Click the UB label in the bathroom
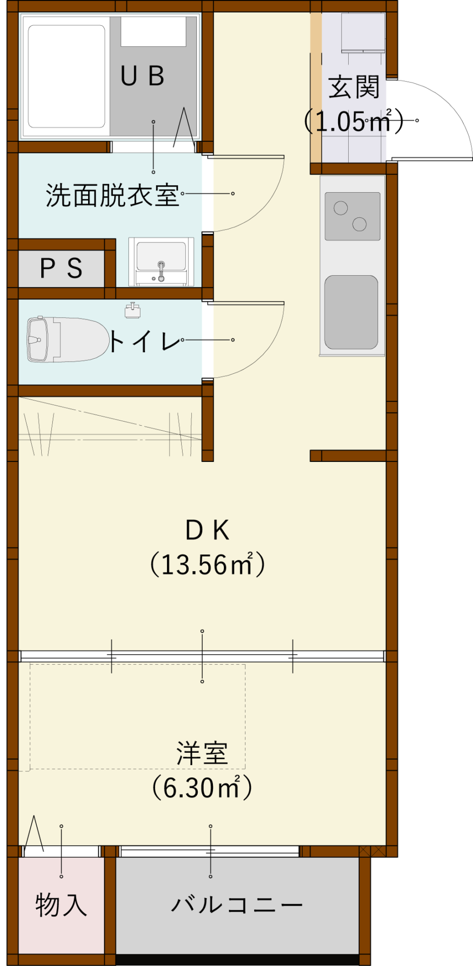point(142,76)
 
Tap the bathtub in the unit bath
point(66,76)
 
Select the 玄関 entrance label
point(354,88)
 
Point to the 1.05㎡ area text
point(354,121)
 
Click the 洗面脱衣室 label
point(112,195)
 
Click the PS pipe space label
point(61,268)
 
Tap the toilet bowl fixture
point(68,340)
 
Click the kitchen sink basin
point(351,312)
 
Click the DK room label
point(207,530)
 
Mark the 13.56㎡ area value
point(207,565)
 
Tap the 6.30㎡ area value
point(202,788)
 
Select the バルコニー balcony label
point(237,905)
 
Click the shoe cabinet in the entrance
point(363,33)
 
